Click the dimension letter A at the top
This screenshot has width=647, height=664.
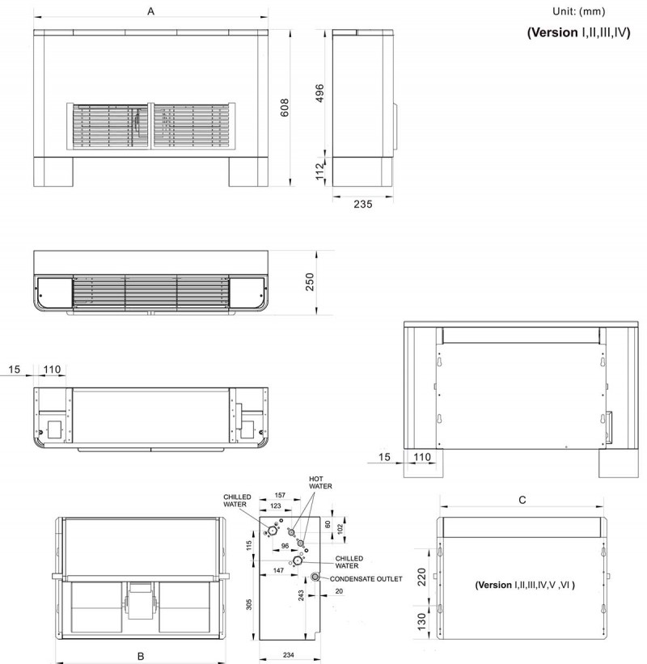pyautogui.click(x=150, y=11)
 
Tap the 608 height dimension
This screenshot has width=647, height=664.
pyautogui.click(x=285, y=108)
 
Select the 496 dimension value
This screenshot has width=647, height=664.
pyautogui.click(x=319, y=93)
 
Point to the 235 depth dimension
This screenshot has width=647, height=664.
pyautogui.click(x=363, y=204)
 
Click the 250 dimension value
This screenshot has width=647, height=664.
pyautogui.click(x=310, y=282)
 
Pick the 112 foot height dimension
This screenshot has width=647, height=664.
pyautogui.click(x=320, y=171)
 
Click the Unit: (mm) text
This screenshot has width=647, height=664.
pyautogui.click(x=578, y=11)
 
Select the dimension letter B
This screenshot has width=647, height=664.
pyautogui.click(x=141, y=657)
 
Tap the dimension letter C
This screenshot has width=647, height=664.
pyautogui.click(x=522, y=500)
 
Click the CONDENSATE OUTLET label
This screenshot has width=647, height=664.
pyautogui.click(x=366, y=579)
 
